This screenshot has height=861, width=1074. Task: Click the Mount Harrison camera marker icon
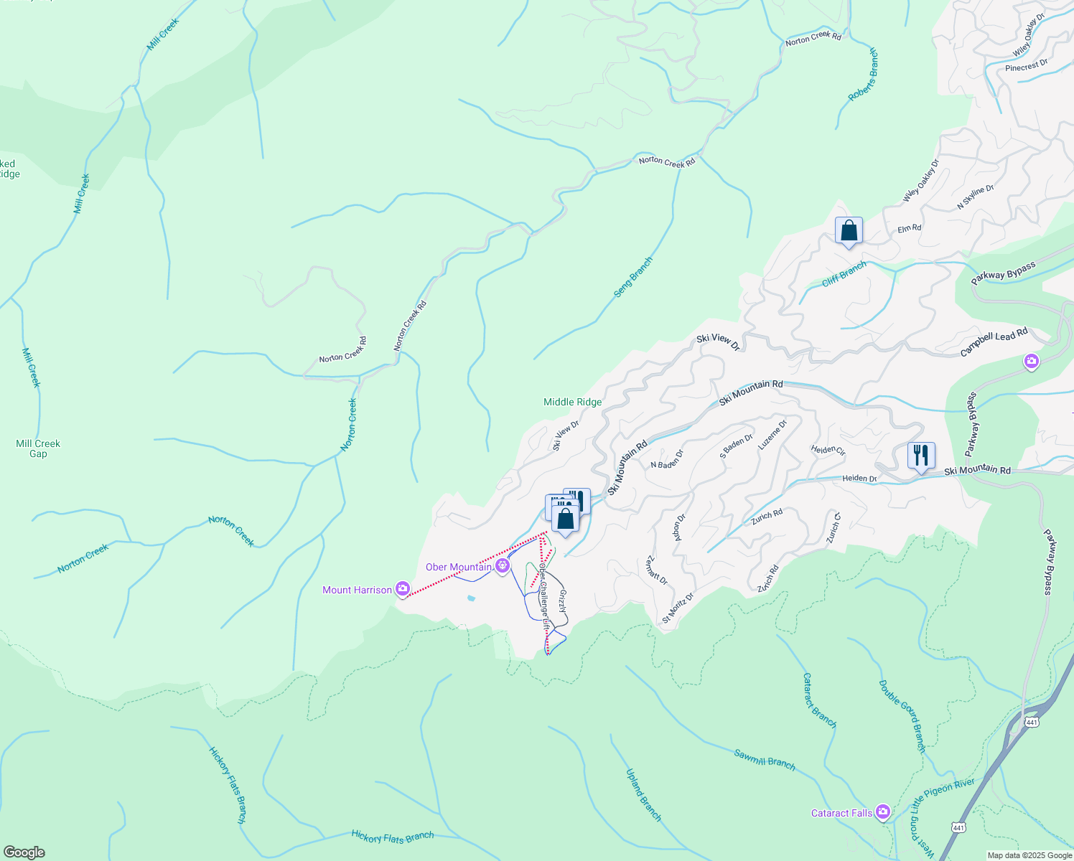(x=403, y=589)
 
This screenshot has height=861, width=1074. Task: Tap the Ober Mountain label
(x=458, y=567)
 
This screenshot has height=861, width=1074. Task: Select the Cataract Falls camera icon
(x=882, y=812)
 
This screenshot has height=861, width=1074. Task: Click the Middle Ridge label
(x=572, y=402)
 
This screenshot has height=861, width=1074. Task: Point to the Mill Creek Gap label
(x=38, y=448)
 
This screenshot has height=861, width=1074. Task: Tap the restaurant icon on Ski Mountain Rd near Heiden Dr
(x=920, y=456)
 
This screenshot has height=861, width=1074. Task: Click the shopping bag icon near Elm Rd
(x=849, y=231)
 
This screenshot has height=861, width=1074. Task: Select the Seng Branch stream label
(x=632, y=277)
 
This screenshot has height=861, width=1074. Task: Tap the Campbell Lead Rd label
(x=994, y=343)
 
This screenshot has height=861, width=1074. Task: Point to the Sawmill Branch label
(x=765, y=759)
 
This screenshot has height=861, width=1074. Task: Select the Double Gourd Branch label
(x=902, y=716)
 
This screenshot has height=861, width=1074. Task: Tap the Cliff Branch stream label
(x=844, y=273)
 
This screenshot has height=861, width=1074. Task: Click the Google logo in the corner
(x=24, y=852)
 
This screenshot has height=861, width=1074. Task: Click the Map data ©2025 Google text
(x=1029, y=855)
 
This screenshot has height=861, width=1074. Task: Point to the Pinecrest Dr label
(x=1026, y=66)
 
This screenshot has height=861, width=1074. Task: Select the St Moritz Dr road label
(x=678, y=607)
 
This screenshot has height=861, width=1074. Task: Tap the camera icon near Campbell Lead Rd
(x=1032, y=362)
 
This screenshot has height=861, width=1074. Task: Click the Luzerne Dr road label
(x=772, y=435)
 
